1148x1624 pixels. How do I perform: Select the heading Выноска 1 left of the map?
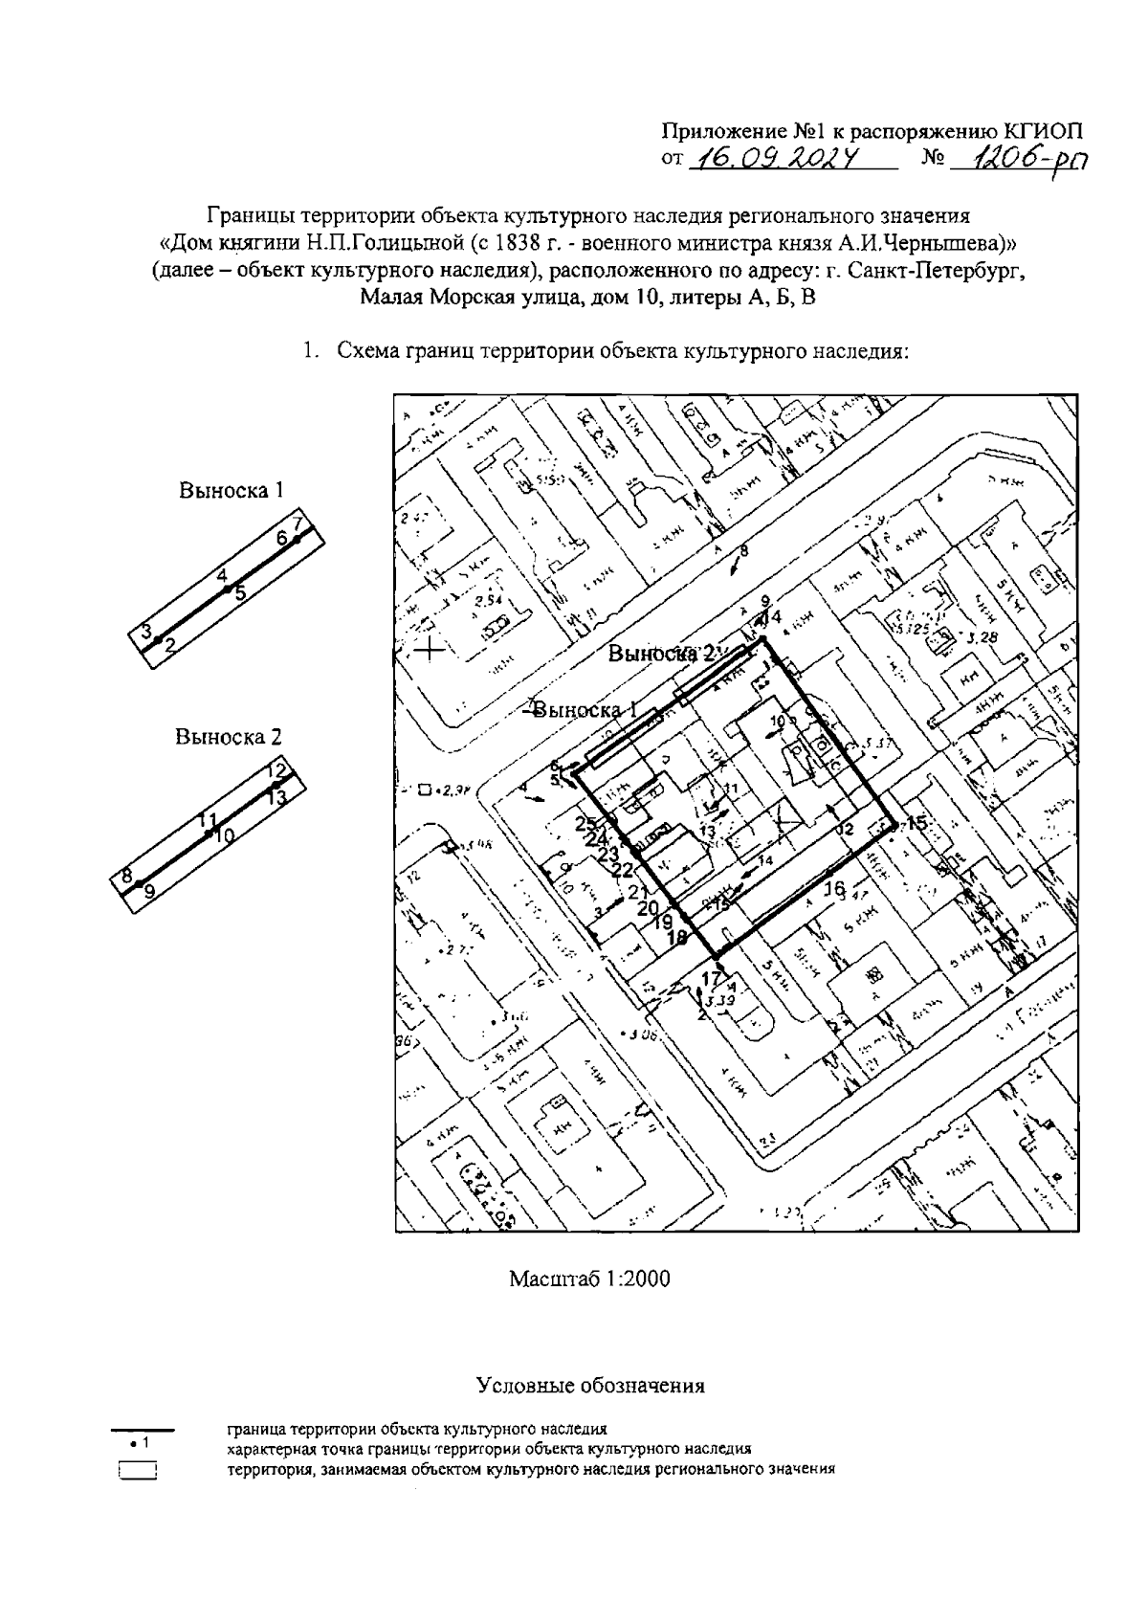pyautogui.click(x=232, y=490)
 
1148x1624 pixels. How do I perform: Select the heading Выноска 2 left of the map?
pyautogui.click(x=229, y=737)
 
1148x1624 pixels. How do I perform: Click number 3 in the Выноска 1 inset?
pyautogui.click(x=146, y=631)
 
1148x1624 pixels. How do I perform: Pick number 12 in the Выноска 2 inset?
pyautogui.click(x=276, y=769)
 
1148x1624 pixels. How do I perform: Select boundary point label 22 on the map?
pyautogui.click(x=623, y=870)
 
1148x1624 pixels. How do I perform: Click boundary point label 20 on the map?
pyautogui.click(x=648, y=907)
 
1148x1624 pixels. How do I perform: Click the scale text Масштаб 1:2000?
pyautogui.click(x=589, y=1279)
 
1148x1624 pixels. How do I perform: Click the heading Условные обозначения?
pyautogui.click(x=589, y=1385)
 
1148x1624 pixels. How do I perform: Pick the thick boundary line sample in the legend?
pyautogui.click(x=143, y=1430)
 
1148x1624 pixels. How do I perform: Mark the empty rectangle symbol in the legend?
pyautogui.click(x=138, y=1470)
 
